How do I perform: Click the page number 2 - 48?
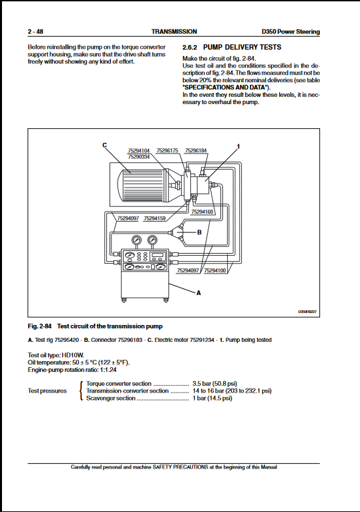(x=35, y=31)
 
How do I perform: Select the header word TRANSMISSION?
(x=174, y=31)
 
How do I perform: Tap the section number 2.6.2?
(x=190, y=47)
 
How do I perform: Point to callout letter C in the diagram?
(x=105, y=145)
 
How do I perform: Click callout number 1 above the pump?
(x=238, y=146)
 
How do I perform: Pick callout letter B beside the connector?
(x=199, y=232)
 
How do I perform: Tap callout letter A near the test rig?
(x=198, y=293)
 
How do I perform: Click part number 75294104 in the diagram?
(x=139, y=151)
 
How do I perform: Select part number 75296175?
(x=167, y=151)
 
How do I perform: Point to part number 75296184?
(x=196, y=151)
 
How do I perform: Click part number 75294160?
(x=202, y=212)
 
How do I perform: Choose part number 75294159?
(x=154, y=218)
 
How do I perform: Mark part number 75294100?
(x=214, y=270)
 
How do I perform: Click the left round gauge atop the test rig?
(x=137, y=241)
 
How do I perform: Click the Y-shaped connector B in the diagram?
(x=178, y=232)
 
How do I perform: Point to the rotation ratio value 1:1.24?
(x=108, y=370)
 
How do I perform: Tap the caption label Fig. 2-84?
(x=40, y=326)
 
